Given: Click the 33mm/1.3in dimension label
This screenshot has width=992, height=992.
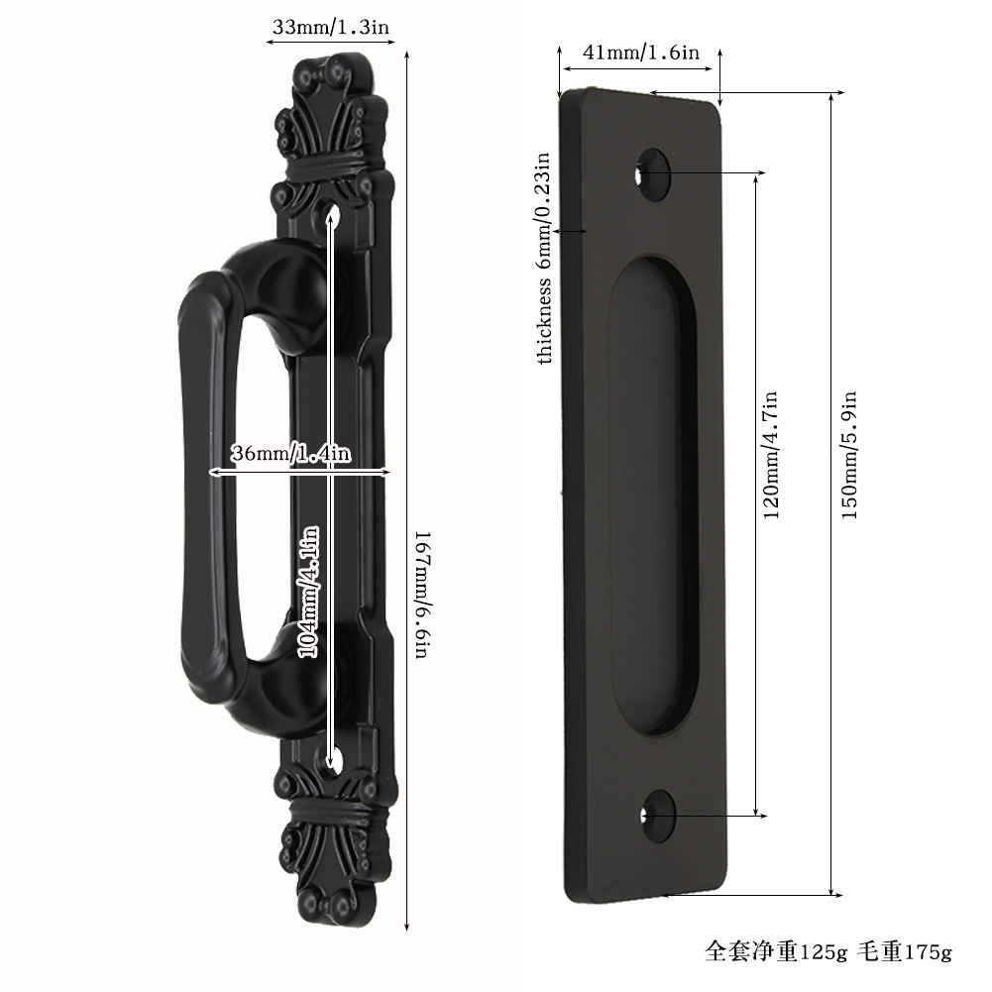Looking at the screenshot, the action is pyautogui.click(x=330, y=27).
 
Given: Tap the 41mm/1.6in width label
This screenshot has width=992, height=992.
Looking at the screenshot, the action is pyautogui.click(x=641, y=53).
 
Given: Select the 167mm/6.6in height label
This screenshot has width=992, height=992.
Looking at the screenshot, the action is pyautogui.click(x=423, y=594).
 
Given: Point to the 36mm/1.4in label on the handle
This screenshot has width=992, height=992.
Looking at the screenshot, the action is pyautogui.click(x=289, y=453).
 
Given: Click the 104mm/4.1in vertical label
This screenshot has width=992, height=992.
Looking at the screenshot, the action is pyautogui.click(x=309, y=593).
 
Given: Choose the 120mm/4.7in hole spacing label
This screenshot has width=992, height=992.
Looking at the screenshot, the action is pyautogui.click(x=770, y=455).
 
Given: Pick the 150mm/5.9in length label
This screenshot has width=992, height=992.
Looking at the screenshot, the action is pyautogui.click(x=848, y=455).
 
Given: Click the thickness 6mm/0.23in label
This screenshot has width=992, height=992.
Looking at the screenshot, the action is pyautogui.click(x=544, y=258).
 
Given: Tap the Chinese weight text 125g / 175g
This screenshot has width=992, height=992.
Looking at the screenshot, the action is pyautogui.click(x=828, y=951).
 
